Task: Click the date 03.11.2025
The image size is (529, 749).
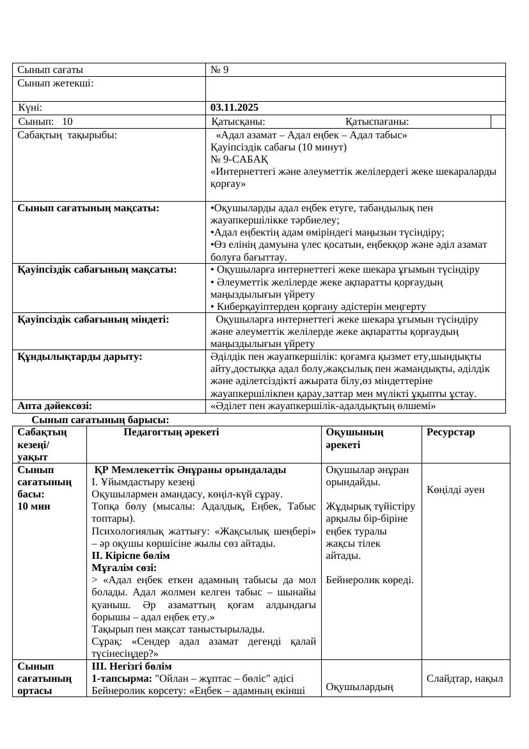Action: tap(235, 108)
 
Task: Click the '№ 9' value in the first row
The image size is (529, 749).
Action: tap(219, 70)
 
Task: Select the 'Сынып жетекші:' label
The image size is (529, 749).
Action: tap(56, 83)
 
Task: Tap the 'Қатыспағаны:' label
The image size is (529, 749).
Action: tap(377, 122)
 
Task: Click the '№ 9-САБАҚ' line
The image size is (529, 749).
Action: tap(239, 159)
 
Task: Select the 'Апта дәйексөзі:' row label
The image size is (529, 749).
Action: tap(54, 405)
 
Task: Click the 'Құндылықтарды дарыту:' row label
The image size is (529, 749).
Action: tap(79, 356)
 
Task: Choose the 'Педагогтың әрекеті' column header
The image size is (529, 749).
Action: tap(171, 432)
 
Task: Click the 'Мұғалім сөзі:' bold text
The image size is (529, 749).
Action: tap(124, 567)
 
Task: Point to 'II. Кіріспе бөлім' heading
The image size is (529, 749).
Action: tap(130, 555)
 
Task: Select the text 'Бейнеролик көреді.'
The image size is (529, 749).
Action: tap(369, 580)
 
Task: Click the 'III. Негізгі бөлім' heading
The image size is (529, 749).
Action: tap(132, 666)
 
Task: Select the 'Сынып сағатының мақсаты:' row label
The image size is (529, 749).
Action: tap(88, 207)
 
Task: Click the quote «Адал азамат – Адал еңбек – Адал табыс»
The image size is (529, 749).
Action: tap(312, 135)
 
